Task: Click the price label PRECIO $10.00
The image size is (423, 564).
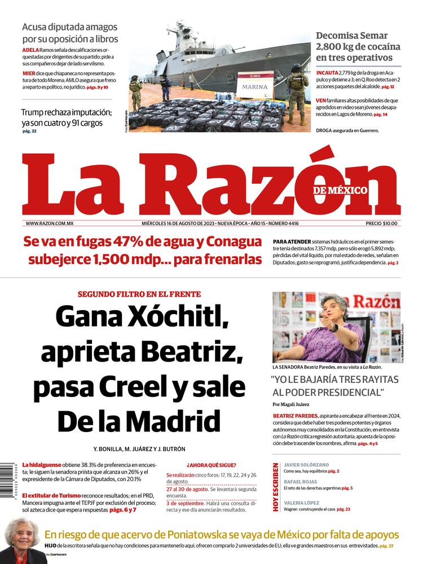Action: pos(381,223)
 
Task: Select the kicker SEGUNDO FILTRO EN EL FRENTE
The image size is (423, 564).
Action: pos(139,294)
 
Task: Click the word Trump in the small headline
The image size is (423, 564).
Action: pos(34,112)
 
